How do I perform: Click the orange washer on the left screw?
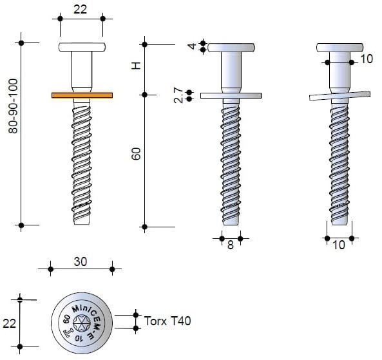pyautogui.click(x=82, y=95)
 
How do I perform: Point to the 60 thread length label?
pyautogui.click(x=136, y=154)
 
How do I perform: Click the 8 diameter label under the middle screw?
pyautogui.click(x=231, y=245)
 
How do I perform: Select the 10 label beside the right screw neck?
pyautogui.click(x=367, y=59)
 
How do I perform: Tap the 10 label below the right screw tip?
pyautogui.click(x=339, y=245)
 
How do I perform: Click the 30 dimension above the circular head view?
pyautogui.click(x=81, y=261)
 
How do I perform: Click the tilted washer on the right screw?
pyautogui.click(x=339, y=95)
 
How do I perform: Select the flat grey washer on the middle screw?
pyautogui.click(x=231, y=95)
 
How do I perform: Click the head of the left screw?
pyautogui.click(x=82, y=47)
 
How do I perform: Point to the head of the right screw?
pyautogui.click(x=339, y=47)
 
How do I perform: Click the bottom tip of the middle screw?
pyautogui.click(x=231, y=222)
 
